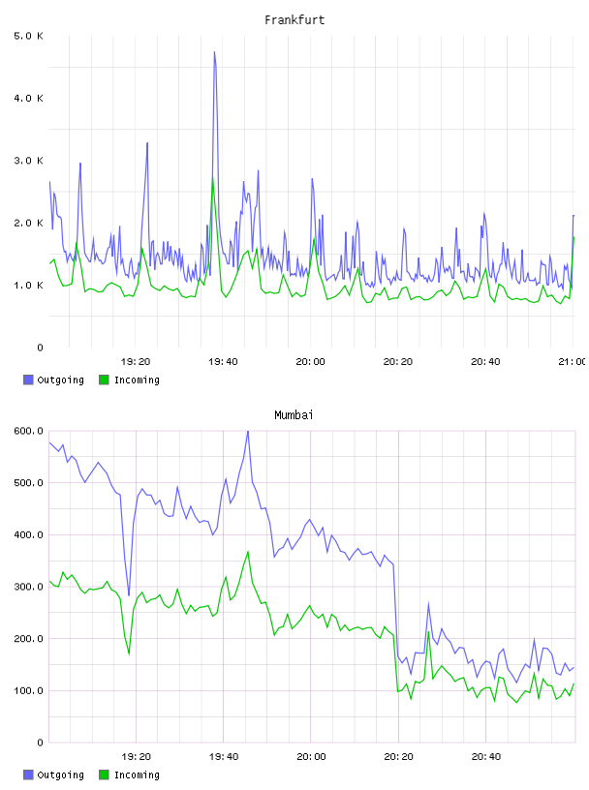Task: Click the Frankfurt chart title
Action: (294, 20)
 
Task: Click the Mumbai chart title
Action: (294, 415)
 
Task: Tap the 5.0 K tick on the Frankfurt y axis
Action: (29, 36)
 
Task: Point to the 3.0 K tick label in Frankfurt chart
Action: (29, 161)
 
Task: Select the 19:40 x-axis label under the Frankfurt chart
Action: (223, 361)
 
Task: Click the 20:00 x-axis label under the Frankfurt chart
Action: (310, 361)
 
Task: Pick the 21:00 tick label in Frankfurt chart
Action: (573, 361)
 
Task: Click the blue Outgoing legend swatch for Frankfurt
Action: (28, 380)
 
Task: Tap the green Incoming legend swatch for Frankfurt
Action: (104, 380)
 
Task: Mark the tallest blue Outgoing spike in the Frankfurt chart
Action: (214, 52)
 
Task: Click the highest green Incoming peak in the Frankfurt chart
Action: (213, 178)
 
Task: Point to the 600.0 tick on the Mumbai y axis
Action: (29, 431)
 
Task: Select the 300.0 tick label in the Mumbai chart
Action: (29, 587)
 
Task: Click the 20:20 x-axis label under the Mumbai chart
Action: (398, 756)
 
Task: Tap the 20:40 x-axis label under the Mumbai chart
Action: (486, 756)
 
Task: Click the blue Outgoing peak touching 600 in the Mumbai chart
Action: (248, 431)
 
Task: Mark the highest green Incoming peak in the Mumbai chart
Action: (248, 552)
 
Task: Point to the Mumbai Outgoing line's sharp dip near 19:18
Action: (129, 595)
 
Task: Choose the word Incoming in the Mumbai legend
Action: (137, 775)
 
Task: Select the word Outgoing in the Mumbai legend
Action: (60, 775)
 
